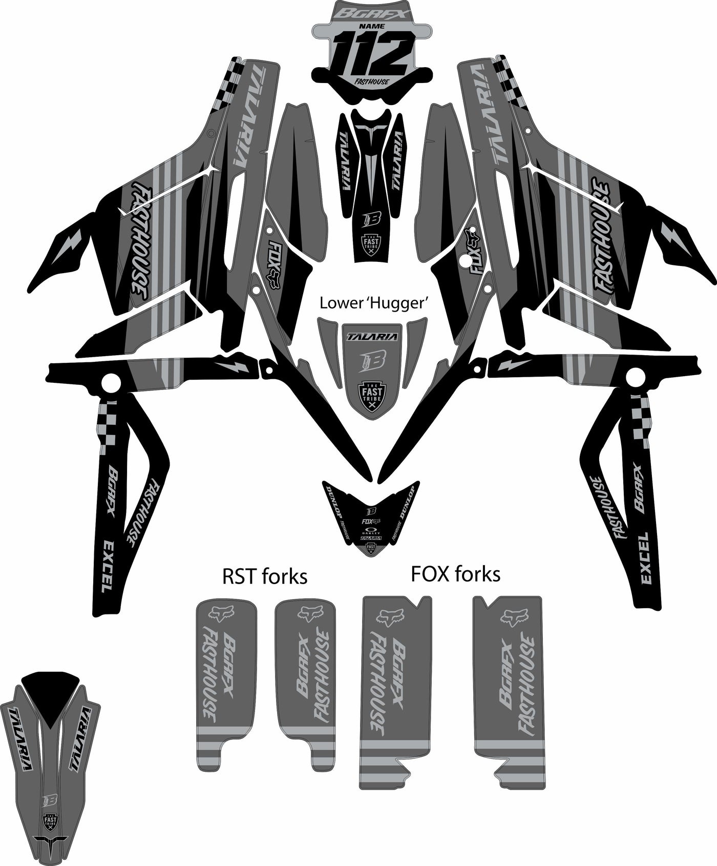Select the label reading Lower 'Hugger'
pyautogui.click(x=373, y=303)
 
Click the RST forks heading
pyautogui.click(x=264, y=576)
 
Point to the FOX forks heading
pyautogui.click(x=456, y=574)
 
